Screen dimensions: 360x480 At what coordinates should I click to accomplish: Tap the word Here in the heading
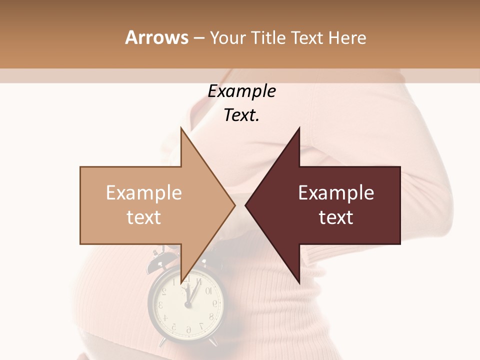(x=347, y=37)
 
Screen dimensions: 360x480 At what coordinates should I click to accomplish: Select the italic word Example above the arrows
(x=241, y=91)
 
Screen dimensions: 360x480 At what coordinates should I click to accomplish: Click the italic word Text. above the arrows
(x=241, y=115)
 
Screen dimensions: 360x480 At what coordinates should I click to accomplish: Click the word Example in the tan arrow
(x=143, y=193)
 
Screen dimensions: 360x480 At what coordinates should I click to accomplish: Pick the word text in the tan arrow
(x=143, y=217)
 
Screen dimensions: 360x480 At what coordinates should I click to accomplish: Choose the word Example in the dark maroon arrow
(x=336, y=193)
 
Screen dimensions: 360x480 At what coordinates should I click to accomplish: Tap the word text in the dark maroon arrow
(x=336, y=217)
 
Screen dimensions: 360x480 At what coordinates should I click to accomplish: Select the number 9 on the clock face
(x=215, y=303)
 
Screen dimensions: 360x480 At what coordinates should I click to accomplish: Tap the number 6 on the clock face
(x=188, y=329)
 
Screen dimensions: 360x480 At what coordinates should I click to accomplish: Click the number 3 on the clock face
(x=161, y=304)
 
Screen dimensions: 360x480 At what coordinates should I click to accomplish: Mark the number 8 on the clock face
(x=211, y=316)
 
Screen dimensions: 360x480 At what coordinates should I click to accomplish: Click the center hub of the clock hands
(x=188, y=304)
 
